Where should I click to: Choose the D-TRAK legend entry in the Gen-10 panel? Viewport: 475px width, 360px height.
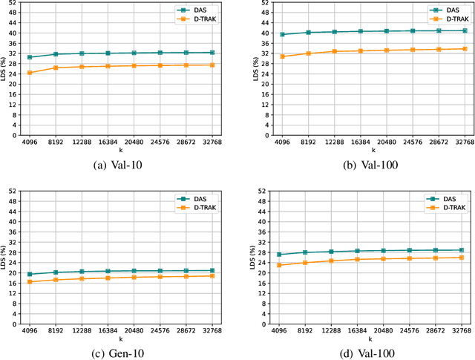tap(205, 208)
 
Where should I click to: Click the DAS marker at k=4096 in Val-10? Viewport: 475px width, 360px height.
tap(30, 57)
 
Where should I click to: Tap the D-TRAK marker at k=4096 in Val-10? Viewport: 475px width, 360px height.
tap(30, 73)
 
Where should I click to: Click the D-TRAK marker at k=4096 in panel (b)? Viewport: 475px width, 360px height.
tap(282, 56)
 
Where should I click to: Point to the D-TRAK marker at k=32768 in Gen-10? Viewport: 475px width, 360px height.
tap(213, 276)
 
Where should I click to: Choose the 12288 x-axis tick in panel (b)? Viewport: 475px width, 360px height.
tap(334, 141)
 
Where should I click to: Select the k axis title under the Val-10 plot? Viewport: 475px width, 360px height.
tap(121, 150)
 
